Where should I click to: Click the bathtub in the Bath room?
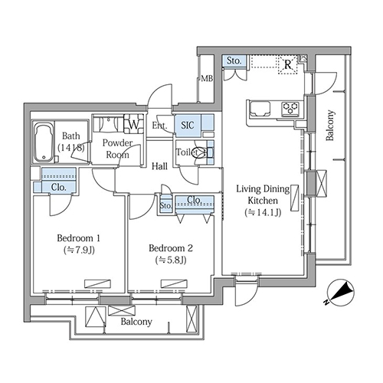pos(44,142)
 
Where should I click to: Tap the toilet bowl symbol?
pos(201,152)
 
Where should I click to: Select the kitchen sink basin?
pos(260,109)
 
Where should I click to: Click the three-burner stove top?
pos(290,109)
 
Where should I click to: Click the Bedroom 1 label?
pos(78,238)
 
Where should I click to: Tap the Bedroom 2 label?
pos(171,248)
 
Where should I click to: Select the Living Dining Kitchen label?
pos(263,195)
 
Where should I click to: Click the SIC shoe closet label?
pos(188,126)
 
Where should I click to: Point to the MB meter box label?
pos(207,78)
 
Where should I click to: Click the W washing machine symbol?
pos(133,124)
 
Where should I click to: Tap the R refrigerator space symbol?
pos(288,64)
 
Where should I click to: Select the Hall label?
pos(159,166)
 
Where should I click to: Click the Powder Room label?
pos(117,149)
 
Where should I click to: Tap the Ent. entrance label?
pos(159,126)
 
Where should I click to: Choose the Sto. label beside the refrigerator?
pos(234,61)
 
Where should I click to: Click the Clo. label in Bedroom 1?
pos(59,188)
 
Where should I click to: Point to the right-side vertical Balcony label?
pos(330,126)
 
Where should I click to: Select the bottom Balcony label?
pos(136,322)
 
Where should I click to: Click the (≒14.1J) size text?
pos(263,212)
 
